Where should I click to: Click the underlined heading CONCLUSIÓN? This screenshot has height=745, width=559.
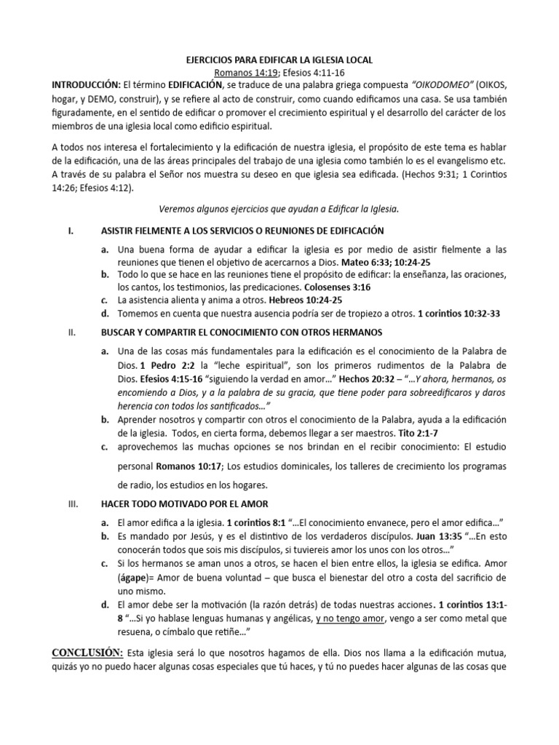point(87,652)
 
